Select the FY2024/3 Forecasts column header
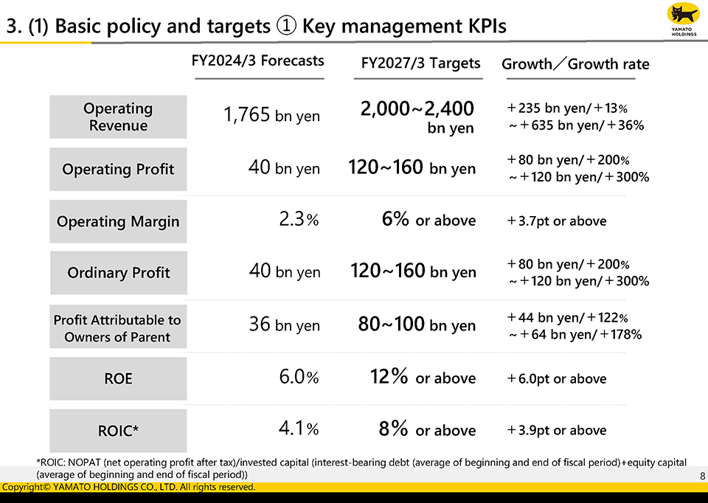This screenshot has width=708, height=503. point(257,61)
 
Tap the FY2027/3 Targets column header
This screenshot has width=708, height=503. point(420,63)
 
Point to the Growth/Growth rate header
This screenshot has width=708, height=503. point(575,64)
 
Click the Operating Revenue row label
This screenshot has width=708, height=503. point(118,117)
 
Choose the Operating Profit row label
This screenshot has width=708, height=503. point(118,169)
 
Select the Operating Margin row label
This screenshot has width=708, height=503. point(118,221)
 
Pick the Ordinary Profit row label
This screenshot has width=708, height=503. point(118,273)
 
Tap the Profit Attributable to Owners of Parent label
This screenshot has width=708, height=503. point(118,328)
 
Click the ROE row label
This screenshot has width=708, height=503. point(118,378)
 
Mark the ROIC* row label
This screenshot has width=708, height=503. point(118,431)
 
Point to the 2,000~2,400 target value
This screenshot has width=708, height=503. point(417,110)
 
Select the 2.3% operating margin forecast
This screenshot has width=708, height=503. point(299,221)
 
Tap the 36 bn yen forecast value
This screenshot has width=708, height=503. point(284,325)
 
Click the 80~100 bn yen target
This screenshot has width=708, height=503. point(417,325)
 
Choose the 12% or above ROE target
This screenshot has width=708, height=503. point(423,378)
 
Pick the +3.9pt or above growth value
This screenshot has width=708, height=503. point(557,431)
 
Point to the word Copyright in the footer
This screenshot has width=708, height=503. point(23,488)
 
